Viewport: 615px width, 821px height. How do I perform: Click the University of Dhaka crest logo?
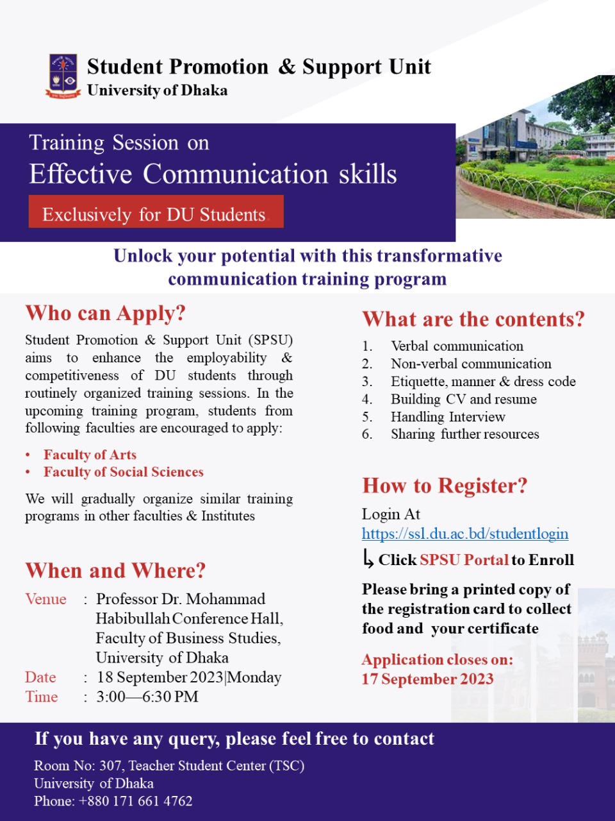[63, 76]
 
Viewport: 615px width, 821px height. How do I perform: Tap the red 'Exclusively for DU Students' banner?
[156, 211]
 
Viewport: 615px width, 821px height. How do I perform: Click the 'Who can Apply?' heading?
[105, 314]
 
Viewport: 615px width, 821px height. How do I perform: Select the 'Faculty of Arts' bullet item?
[90, 455]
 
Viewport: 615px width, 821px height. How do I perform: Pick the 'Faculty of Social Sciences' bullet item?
[124, 471]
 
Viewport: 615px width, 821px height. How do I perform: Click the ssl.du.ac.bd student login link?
[465, 534]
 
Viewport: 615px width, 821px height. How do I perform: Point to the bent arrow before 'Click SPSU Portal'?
[368, 559]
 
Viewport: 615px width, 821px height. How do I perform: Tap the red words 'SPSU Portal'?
[464, 560]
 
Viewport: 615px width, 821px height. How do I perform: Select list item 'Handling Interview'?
[448, 417]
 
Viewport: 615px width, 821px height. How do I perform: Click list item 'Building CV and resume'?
[463, 399]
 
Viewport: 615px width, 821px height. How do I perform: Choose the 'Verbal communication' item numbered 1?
[457, 346]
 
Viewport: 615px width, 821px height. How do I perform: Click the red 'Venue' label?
[45, 599]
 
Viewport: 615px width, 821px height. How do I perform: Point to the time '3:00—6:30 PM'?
[147, 697]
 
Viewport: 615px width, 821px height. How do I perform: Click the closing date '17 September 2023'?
[427, 679]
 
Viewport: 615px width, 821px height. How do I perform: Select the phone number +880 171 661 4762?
[136, 801]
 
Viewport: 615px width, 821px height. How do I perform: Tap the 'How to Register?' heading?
[445, 486]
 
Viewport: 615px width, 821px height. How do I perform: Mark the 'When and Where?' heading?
[115, 571]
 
